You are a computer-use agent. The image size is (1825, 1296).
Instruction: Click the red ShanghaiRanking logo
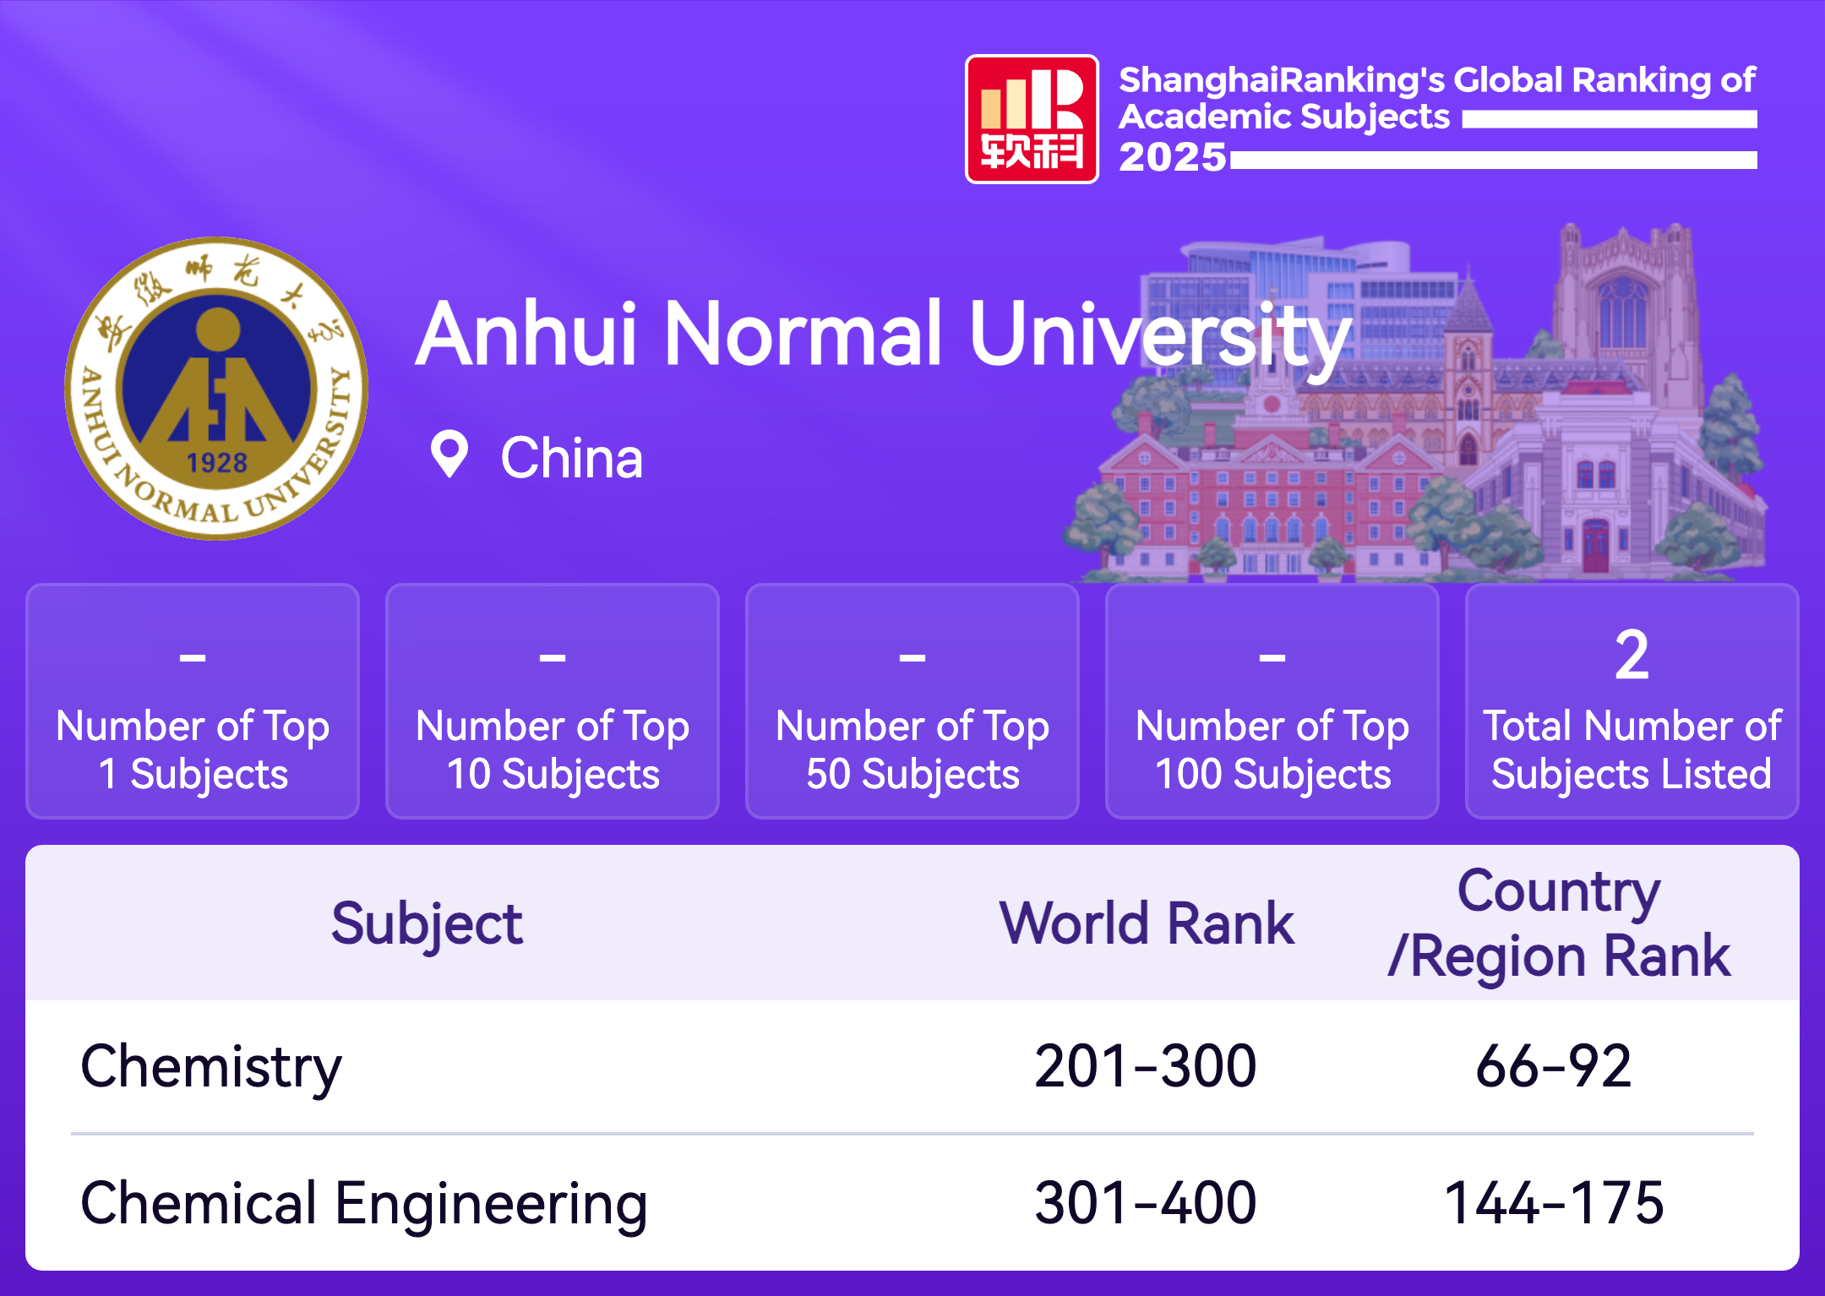(x=1032, y=119)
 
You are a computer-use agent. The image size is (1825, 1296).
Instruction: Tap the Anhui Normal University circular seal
(x=216, y=389)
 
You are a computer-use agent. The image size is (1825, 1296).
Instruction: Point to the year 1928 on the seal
(x=216, y=463)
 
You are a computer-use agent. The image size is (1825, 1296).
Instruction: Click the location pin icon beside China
(x=449, y=455)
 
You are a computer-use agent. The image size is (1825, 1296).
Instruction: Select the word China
(x=572, y=458)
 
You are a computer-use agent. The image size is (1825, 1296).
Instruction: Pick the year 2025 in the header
(x=1173, y=157)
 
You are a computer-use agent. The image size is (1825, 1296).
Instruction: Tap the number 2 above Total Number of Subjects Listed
(x=1632, y=655)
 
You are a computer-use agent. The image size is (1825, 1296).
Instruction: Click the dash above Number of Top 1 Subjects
(x=193, y=656)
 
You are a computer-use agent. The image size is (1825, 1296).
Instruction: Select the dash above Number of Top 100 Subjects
(x=1272, y=656)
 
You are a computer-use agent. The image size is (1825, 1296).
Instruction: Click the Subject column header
(x=427, y=923)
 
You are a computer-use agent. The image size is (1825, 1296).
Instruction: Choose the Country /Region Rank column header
(x=1560, y=923)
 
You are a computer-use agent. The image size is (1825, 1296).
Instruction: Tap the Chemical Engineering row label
(x=364, y=1205)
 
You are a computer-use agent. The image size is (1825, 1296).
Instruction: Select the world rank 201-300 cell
(x=1146, y=1066)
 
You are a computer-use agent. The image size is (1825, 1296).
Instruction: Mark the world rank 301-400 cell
(x=1146, y=1203)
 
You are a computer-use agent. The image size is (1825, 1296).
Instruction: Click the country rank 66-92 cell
(x=1554, y=1066)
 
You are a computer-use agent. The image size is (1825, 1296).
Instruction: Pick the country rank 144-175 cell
(x=1554, y=1203)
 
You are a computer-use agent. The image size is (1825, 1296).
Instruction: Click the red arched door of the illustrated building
(x=1595, y=546)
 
